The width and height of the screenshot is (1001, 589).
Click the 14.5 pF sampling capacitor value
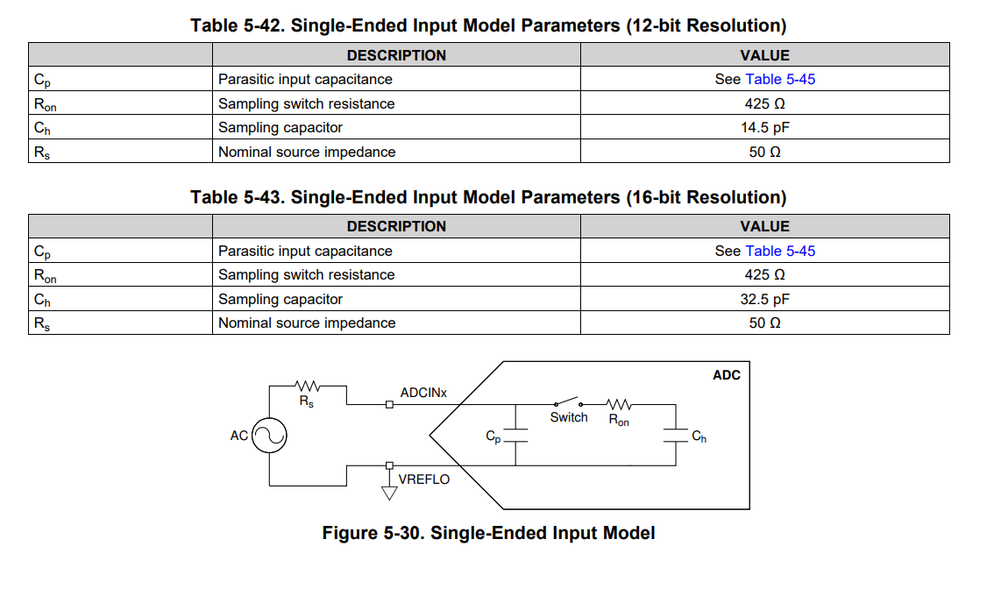[764, 127]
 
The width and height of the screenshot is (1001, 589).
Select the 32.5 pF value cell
[764, 299]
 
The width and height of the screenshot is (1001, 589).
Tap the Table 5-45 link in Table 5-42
[780, 79]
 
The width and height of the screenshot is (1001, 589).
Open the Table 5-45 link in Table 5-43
[780, 251]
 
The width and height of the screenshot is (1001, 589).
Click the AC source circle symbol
[270, 435]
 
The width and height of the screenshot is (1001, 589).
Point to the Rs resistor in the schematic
[308, 386]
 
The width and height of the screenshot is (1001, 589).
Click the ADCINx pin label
[423, 393]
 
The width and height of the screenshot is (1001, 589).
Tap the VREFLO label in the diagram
[423, 479]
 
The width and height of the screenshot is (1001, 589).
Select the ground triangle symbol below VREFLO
[389, 493]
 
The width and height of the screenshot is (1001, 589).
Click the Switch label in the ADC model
[569, 417]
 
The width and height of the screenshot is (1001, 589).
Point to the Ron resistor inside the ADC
[620, 405]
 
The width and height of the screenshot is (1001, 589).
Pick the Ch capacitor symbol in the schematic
[676, 435]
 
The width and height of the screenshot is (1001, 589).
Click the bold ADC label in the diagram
[727, 375]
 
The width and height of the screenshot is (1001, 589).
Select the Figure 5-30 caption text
[488, 533]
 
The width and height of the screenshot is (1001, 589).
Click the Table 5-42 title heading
[488, 26]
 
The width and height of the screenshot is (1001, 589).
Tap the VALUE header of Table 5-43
[764, 226]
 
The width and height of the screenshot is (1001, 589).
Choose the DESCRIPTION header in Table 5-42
[396, 55]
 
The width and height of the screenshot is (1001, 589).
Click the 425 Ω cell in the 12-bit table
[764, 103]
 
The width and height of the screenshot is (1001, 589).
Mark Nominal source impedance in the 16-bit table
[307, 323]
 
